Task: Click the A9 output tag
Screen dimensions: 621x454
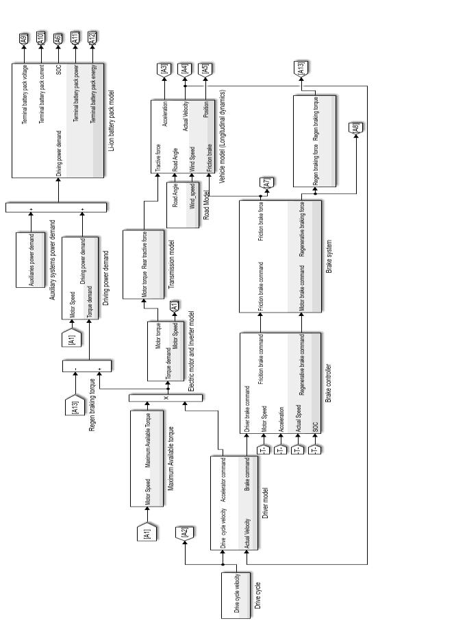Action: tap(24, 39)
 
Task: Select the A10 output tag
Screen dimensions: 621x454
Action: tap(40, 39)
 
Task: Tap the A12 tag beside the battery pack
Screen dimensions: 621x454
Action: tap(92, 39)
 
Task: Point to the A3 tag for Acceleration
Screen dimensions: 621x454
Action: tap(164, 69)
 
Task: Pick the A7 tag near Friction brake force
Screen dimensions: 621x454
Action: tap(266, 182)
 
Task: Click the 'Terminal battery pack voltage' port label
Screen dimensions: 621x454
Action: tap(25, 95)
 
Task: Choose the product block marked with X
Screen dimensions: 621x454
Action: tap(165, 398)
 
